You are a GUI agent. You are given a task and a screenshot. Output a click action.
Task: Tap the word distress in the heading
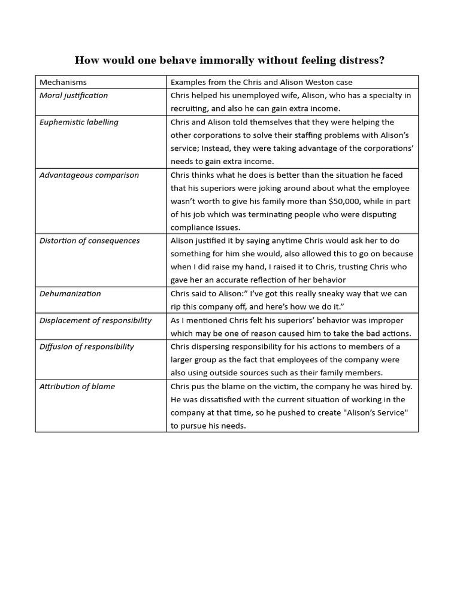tap(358, 60)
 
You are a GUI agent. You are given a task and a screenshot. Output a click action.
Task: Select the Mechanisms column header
tap(63, 82)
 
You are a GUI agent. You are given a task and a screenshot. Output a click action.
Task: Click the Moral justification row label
tap(74, 95)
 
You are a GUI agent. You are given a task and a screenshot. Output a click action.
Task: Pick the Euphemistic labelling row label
tap(79, 122)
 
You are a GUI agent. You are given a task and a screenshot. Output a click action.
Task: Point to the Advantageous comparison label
tap(89, 175)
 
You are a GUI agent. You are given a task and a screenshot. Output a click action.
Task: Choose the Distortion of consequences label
tap(90, 241)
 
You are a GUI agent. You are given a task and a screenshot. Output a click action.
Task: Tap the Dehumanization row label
tap(70, 293)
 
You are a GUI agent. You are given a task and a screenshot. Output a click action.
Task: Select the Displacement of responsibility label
tap(96, 320)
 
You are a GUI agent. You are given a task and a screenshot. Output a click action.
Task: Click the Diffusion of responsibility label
tap(87, 347)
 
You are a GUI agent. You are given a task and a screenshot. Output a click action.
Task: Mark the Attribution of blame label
tap(77, 386)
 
